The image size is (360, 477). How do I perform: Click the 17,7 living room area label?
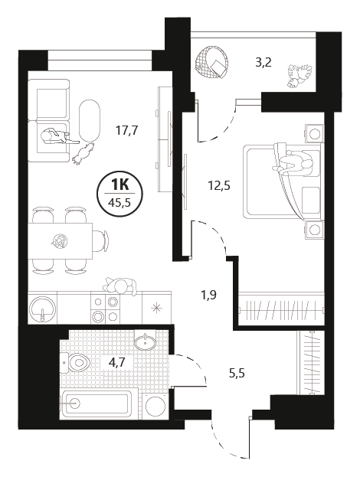127,131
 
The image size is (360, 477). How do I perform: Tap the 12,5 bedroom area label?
219,185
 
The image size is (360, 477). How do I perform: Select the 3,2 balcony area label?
263,63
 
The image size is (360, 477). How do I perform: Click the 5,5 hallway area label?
237,372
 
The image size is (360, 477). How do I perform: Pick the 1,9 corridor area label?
208,295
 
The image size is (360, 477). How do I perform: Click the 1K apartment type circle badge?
119,194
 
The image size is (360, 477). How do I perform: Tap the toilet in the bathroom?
76,362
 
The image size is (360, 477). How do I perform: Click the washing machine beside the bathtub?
155,406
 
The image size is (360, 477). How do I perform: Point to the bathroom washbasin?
146,341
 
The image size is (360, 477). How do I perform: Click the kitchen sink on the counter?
42,309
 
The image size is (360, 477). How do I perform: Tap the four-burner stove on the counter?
105,309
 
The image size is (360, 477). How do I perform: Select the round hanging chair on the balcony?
211,62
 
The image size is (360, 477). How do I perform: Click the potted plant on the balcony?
299,75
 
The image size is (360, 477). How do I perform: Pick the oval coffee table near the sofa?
89,120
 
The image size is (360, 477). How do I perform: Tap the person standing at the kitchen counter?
120,286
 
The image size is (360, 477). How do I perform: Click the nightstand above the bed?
313,133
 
